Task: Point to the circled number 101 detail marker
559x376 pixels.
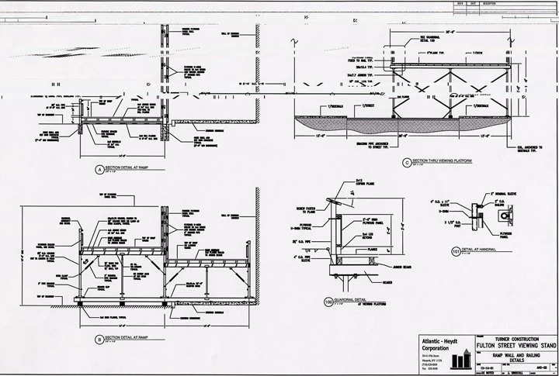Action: click(x=455, y=251)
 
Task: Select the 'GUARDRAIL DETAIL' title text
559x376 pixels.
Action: click(x=353, y=295)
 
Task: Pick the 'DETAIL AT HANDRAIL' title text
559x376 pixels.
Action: click(x=481, y=250)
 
